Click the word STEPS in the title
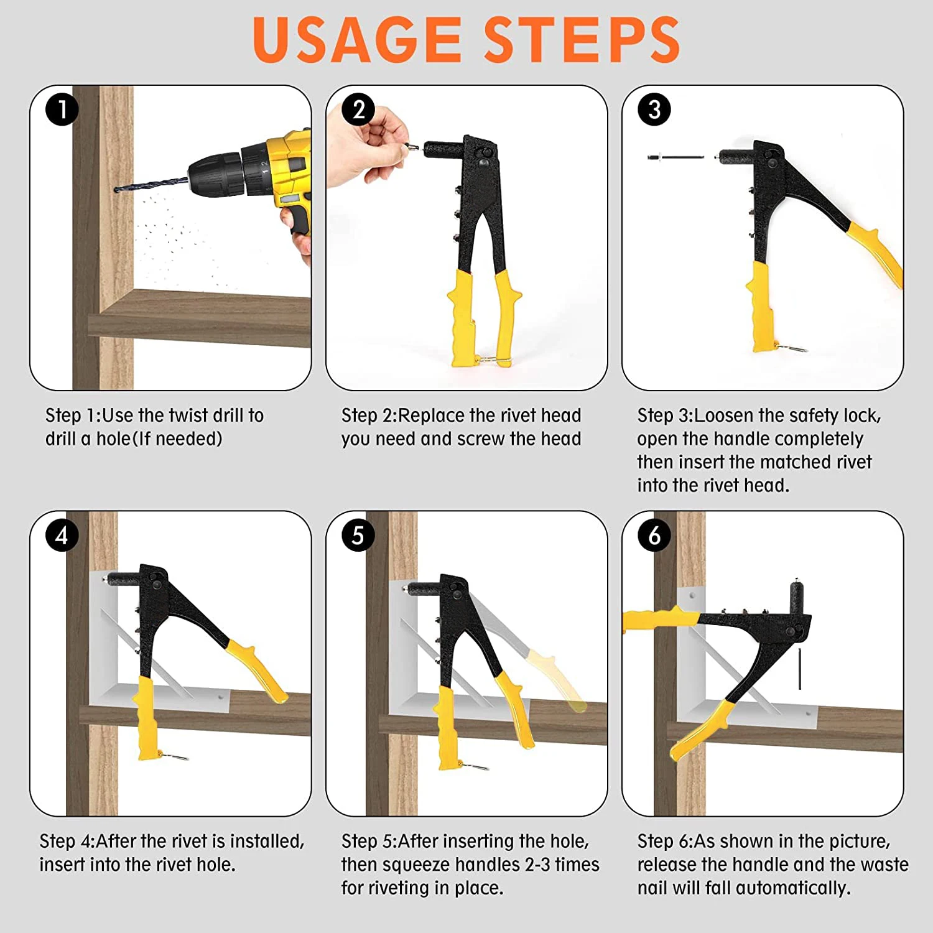point(582,39)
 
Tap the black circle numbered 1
point(62,109)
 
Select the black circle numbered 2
point(359,109)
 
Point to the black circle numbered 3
point(654,109)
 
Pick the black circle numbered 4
point(62,535)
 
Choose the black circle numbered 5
point(358,535)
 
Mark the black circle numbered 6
point(654,535)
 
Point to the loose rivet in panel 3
point(675,157)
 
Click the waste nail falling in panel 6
point(799,668)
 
